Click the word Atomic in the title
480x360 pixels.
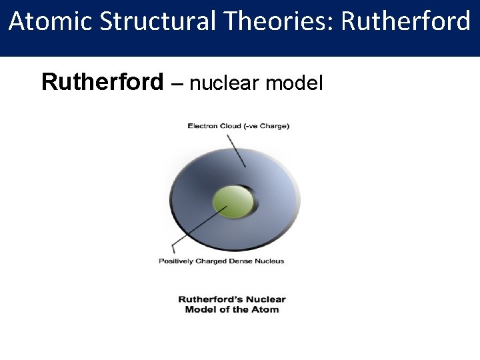click(51, 22)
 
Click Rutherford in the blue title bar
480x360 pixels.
click(405, 22)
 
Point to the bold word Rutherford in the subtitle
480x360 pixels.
click(102, 83)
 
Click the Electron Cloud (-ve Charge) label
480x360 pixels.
click(238, 126)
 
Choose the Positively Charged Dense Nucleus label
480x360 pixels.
click(221, 261)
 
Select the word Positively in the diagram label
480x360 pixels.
click(175, 261)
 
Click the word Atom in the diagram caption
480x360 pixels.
click(266, 309)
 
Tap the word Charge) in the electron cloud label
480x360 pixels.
click(275, 126)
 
